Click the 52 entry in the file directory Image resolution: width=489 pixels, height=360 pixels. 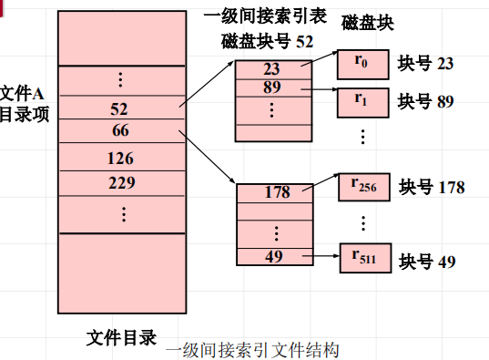pos(119,109)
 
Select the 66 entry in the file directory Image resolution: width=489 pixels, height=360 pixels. pos(119,130)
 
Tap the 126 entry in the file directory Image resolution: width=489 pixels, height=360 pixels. pos(119,158)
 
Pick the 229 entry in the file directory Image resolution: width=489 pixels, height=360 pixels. pos(119,182)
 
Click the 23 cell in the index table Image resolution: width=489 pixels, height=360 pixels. pos(271,68)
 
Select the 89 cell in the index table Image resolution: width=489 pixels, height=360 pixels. pos(271,87)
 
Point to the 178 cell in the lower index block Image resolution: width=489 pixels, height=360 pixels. pos(277,192)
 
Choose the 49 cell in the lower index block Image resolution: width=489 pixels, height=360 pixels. pos(273,256)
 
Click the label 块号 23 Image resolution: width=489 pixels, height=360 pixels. pos(426,64)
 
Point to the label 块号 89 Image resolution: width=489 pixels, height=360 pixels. pos(426,101)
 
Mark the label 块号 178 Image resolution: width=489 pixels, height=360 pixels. pos(432,188)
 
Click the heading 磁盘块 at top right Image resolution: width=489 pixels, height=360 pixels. pos(368,22)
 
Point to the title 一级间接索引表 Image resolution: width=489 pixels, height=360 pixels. pos(270,16)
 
